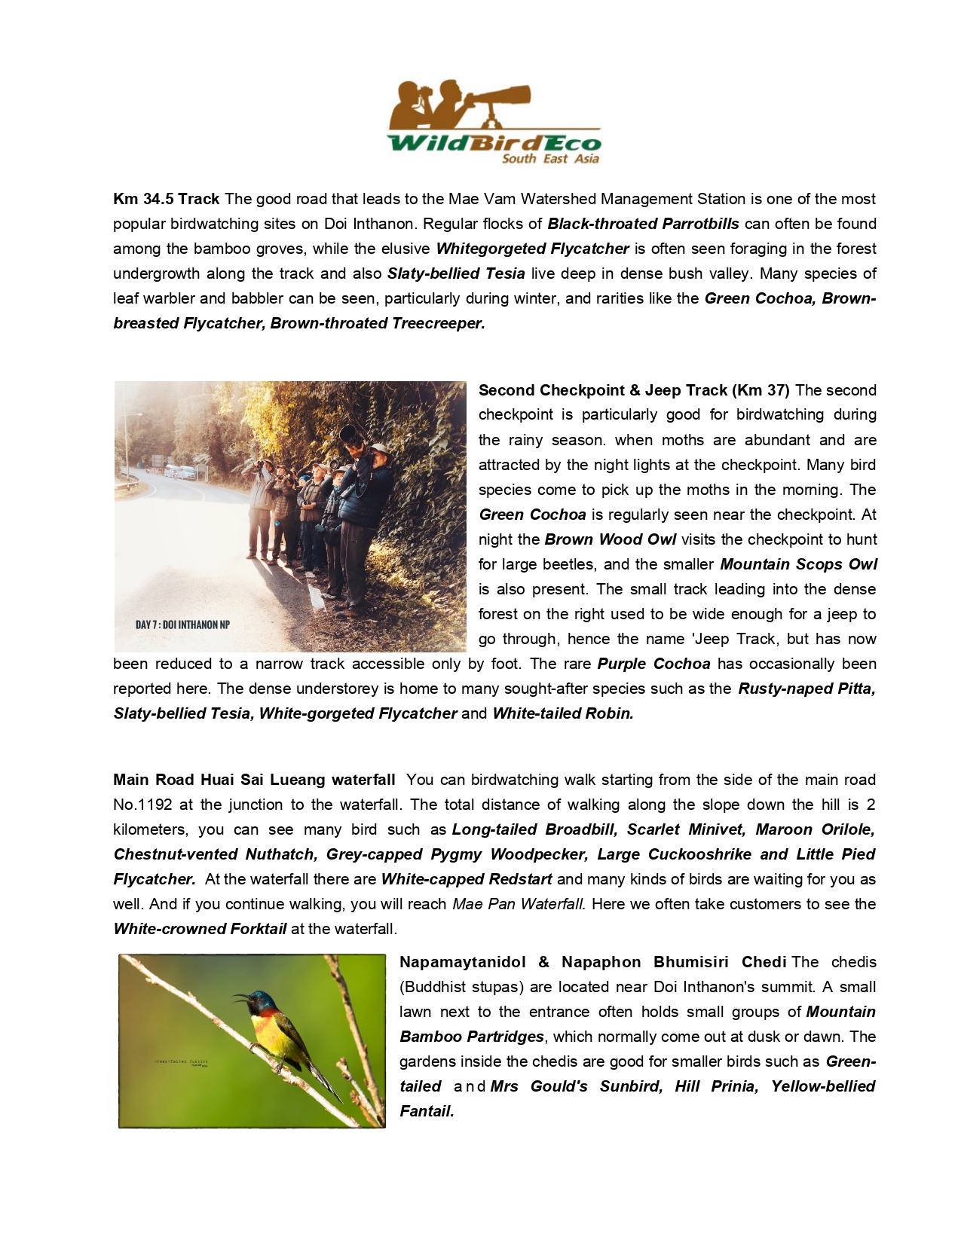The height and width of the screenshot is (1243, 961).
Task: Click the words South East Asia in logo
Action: pyautogui.click(x=550, y=159)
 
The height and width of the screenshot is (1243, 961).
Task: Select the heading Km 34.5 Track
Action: pyautogui.click(x=167, y=199)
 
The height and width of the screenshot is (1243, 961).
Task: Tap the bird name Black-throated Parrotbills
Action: pyautogui.click(x=643, y=224)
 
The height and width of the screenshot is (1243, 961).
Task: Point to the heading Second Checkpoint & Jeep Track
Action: pyautogui.click(x=634, y=390)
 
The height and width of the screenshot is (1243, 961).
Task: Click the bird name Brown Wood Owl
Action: pyautogui.click(x=610, y=539)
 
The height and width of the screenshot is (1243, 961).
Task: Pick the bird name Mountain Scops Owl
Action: pyautogui.click(x=798, y=564)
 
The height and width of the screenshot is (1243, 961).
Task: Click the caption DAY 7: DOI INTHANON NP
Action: pyautogui.click(x=182, y=625)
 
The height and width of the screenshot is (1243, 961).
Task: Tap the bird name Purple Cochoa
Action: pyautogui.click(x=653, y=664)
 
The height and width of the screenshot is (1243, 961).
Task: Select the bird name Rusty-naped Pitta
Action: pyautogui.click(x=806, y=689)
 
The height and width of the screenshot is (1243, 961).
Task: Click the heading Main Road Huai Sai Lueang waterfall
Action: pyautogui.click(x=254, y=780)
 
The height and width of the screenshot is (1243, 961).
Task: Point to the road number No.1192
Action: pyautogui.click(x=143, y=805)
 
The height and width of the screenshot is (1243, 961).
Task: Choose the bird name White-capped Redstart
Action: pyautogui.click(x=467, y=879)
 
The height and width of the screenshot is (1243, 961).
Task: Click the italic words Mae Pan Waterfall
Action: pyautogui.click(x=519, y=904)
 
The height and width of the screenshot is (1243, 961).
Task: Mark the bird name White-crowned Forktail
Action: pyautogui.click(x=200, y=929)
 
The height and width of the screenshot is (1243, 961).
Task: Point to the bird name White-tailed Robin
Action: pyautogui.click(x=563, y=713)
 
